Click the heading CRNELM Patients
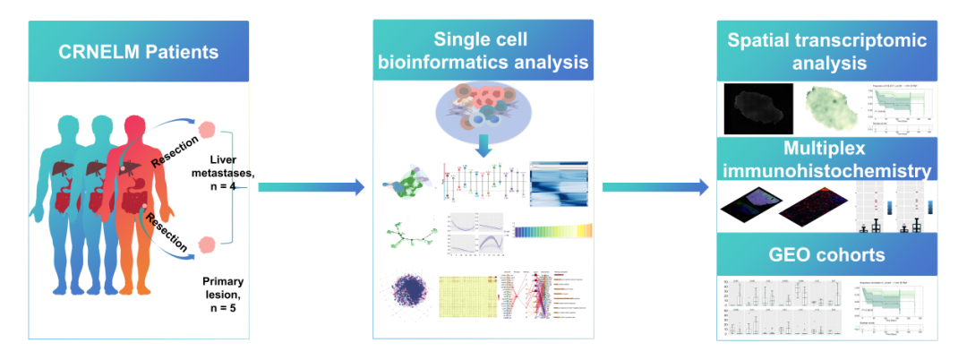click(139, 50)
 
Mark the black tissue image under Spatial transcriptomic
click(757, 105)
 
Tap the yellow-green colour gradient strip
click(554, 230)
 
